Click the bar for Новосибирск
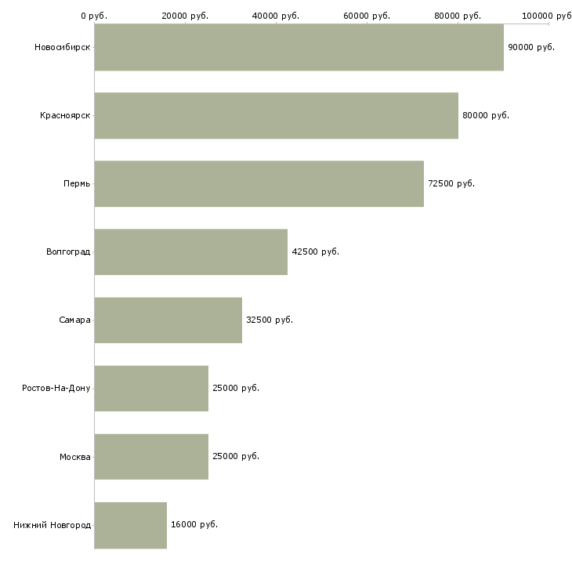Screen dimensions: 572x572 (299, 47)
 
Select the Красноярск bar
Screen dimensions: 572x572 (277, 116)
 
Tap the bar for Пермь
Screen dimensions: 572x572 (259, 184)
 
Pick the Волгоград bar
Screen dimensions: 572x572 (191, 252)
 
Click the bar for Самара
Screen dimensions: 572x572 (168, 320)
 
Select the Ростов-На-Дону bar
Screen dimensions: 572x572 (151, 389)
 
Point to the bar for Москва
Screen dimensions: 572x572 (151, 457)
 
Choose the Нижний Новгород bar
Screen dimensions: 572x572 (131, 525)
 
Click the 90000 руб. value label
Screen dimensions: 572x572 (531, 48)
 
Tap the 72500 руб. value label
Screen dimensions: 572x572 (451, 183)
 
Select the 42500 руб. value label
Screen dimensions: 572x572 (315, 252)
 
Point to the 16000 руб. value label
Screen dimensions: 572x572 (194, 524)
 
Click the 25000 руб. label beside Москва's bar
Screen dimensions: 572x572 (236, 456)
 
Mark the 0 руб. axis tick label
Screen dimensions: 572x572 (94, 16)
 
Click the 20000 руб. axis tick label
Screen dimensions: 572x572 (185, 16)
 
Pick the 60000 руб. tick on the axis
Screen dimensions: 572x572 (367, 16)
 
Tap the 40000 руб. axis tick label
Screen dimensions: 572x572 (275, 16)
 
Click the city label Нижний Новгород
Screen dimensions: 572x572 (52, 525)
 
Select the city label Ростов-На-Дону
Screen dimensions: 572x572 (56, 388)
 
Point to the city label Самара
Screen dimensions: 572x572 (74, 320)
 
